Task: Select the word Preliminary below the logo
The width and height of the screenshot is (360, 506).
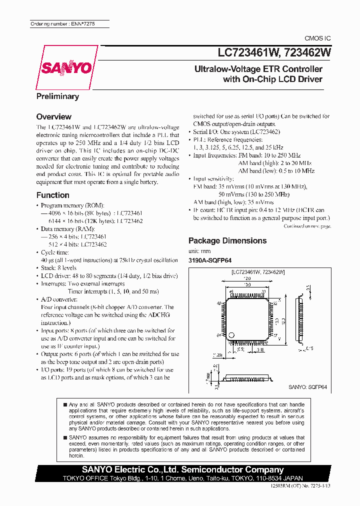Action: click(57, 96)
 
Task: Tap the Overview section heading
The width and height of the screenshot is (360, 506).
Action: click(54, 116)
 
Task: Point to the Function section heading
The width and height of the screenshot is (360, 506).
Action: click(53, 195)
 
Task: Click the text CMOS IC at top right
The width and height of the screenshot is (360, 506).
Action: click(317, 38)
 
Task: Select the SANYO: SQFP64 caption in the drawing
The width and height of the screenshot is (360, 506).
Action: click(308, 387)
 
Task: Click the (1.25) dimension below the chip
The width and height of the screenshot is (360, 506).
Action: click(216, 354)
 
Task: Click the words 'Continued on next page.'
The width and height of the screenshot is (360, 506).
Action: click(307, 226)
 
